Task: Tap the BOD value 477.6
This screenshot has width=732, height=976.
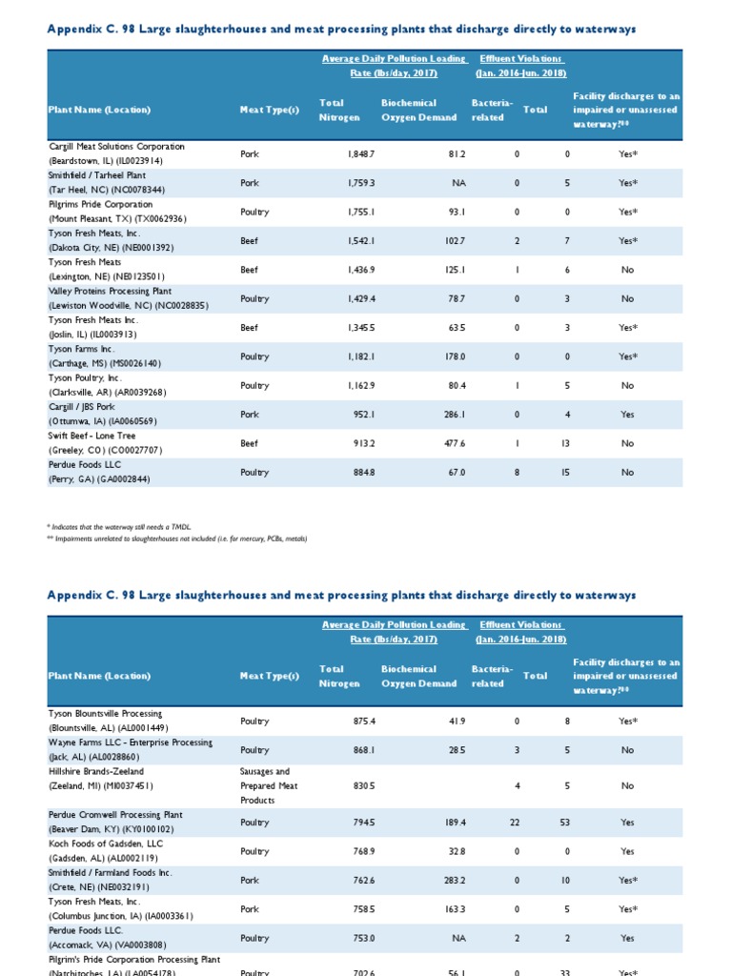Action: (x=449, y=443)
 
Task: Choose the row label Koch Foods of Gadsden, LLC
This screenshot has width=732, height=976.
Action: (x=106, y=844)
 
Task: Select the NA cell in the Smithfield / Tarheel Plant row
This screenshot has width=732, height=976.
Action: (x=458, y=183)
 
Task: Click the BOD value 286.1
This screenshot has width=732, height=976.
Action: (x=449, y=415)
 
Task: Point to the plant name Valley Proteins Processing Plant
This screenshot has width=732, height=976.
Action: (x=110, y=292)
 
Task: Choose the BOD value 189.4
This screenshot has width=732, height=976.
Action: (x=449, y=823)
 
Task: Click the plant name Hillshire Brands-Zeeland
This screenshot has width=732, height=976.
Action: (x=96, y=772)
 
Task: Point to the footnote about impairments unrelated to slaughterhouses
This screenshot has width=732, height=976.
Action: (x=177, y=539)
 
